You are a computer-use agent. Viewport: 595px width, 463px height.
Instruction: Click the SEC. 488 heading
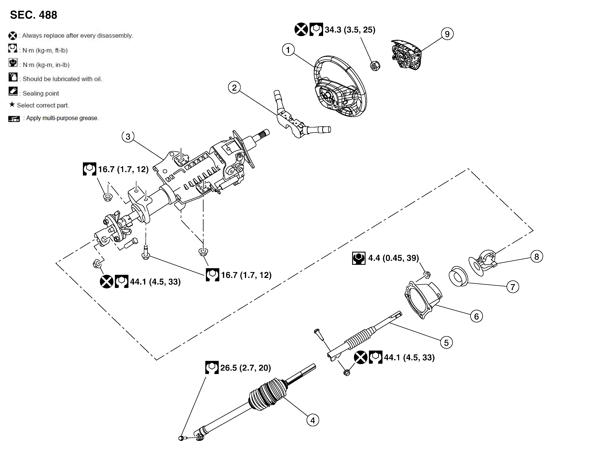click(34, 15)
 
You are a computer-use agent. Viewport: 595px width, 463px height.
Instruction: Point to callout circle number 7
click(513, 287)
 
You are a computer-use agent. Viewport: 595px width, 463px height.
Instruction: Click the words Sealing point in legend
click(41, 93)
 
